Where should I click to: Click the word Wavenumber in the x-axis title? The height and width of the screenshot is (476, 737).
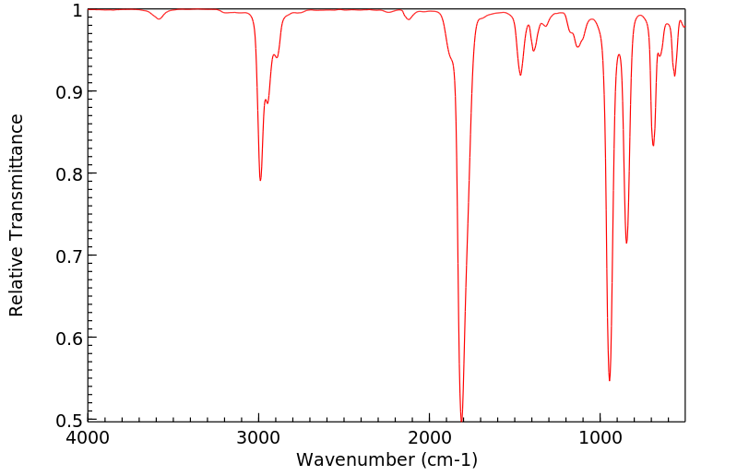point(354,459)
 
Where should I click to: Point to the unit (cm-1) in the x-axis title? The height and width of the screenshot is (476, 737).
point(447,459)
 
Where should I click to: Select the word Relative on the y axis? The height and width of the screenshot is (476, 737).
point(17,284)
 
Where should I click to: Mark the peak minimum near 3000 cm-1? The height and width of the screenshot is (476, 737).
point(260,180)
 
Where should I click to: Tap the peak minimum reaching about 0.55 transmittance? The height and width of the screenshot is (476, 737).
point(610,380)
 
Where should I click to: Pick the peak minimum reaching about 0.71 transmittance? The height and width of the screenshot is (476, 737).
point(626,243)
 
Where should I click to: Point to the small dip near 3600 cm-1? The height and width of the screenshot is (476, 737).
point(160,19)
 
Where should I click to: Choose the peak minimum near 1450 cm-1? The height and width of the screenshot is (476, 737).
point(520,75)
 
